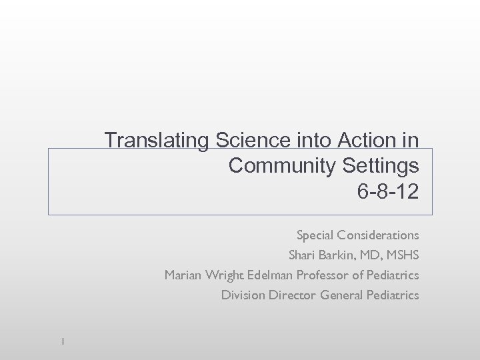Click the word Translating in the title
click(x=157, y=141)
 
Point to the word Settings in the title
click(x=381, y=165)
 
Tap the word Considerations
click(x=378, y=235)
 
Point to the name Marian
click(x=183, y=275)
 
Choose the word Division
click(x=243, y=295)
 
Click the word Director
click(x=292, y=295)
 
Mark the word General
click(x=342, y=295)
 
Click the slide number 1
click(x=61, y=341)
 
